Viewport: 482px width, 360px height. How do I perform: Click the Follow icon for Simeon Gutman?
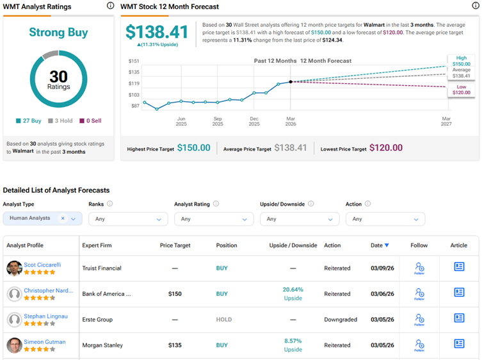419,345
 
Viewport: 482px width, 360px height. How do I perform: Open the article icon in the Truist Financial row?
459,267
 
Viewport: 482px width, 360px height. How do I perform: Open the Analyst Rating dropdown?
214,219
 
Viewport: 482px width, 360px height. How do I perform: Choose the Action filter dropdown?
385,219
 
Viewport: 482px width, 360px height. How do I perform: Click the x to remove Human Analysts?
63,218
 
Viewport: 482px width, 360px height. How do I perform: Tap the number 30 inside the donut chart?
58,76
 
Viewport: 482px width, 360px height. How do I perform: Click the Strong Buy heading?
58,33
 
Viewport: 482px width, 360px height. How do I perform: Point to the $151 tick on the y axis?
134,61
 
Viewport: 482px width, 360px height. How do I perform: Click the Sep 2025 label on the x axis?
218,122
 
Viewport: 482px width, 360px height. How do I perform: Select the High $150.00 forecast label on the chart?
462,61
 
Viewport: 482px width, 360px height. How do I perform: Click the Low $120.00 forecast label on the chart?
462,89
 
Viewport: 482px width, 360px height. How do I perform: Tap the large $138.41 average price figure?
157,32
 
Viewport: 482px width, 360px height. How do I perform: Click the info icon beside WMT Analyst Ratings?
110,6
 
